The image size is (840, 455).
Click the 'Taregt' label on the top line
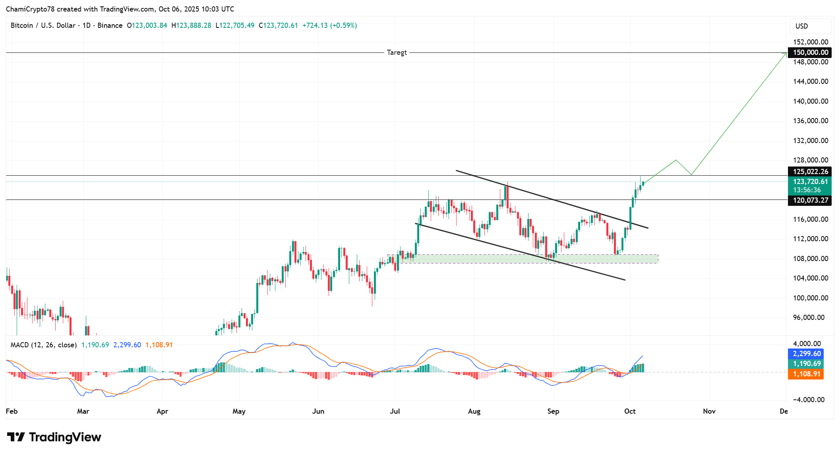(x=397, y=52)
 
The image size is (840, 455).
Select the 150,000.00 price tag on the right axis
(x=810, y=52)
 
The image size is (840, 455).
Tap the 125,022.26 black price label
(x=810, y=172)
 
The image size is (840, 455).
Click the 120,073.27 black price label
(x=810, y=200)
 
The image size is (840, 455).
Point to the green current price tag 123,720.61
(x=810, y=182)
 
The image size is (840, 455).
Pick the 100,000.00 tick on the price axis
(x=810, y=298)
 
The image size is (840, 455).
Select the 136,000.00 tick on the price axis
(x=810, y=121)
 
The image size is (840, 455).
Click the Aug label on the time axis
(x=474, y=411)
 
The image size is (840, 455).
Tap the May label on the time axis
(x=239, y=411)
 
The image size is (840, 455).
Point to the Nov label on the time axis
(x=709, y=411)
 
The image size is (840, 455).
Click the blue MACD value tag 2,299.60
(x=806, y=354)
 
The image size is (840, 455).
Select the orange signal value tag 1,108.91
(x=806, y=374)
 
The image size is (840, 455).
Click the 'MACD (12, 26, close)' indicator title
(x=43, y=345)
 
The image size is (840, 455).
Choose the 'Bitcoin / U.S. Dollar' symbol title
(x=43, y=25)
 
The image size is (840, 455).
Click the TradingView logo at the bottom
(x=54, y=437)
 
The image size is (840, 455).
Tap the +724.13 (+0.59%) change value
(x=329, y=25)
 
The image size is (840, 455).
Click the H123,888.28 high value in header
(x=191, y=25)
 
